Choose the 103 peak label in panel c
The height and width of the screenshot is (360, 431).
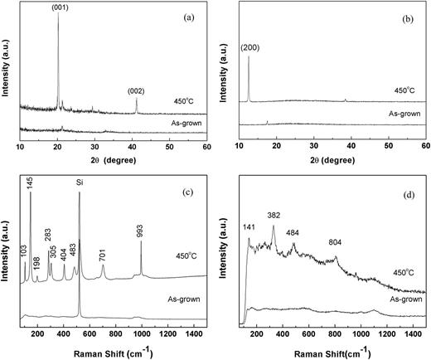[x=25, y=248]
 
